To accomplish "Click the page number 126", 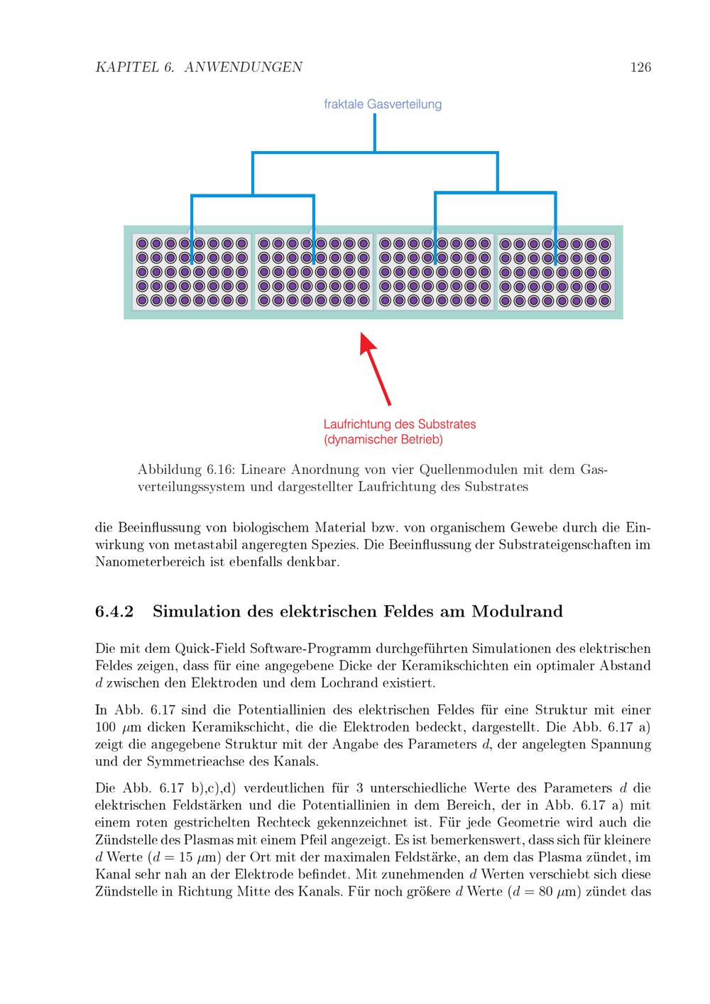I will coord(640,67).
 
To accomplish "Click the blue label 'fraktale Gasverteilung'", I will coord(383,104).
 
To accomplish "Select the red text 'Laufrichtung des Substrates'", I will coord(400,424).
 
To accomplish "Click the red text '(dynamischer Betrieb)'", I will coord(383,440).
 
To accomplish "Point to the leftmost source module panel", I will coord(192,272).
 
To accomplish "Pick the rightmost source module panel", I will coord(555,272).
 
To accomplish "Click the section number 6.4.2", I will coord(114,612).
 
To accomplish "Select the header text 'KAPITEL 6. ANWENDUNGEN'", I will coord(199,67).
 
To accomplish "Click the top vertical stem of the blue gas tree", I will coord(375,132).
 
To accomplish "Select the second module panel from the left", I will coord(314,272).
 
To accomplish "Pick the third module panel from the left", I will coord(435,272).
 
